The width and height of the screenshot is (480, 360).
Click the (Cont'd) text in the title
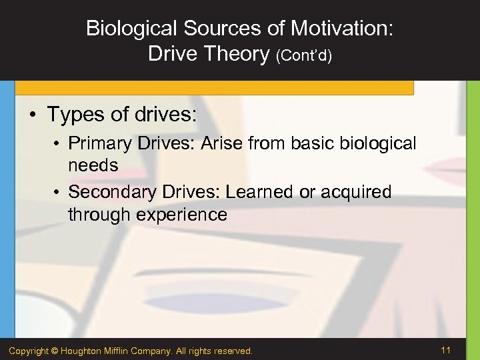[x=304, y=55]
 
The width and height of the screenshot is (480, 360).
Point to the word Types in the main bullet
[x=74, y=114]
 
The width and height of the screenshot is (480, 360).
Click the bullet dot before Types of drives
[x=33, y=115]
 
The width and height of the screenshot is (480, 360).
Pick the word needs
[x=93, y=165]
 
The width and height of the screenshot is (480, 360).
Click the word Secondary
[x=110, y=192]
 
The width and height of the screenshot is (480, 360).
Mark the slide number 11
[x=446, y=350]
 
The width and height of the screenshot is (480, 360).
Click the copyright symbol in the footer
[x=55, y=351]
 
